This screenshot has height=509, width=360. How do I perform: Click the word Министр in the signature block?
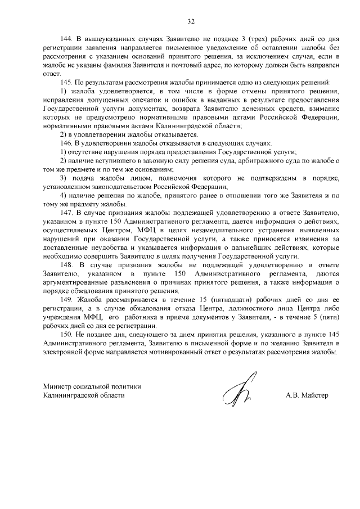click(59, 386)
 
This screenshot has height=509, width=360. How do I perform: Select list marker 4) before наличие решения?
click(63, 195)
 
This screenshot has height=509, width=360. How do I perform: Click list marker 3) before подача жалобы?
click(63, 178)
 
